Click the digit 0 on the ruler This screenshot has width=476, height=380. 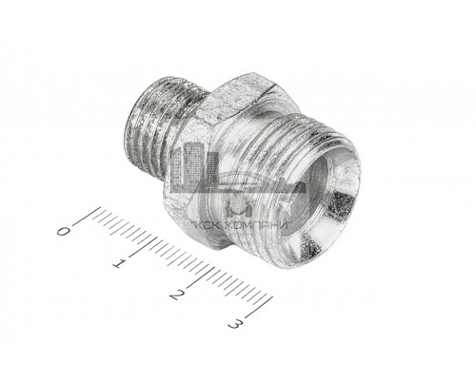[x=64, y=231]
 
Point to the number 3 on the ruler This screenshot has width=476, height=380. [x=235, y=324]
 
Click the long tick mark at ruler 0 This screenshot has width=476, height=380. [x=87, y=217]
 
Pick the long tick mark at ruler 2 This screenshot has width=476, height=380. [x=201, y=277]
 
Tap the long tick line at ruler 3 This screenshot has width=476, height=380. [x=259, y=307]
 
